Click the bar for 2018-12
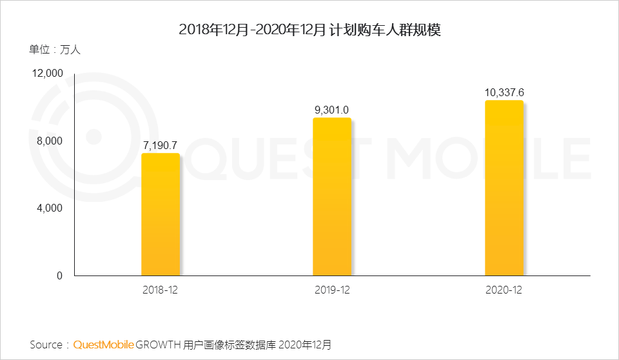pyautogui.click(x=161, y=214)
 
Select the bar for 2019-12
pyautogui.click(x=332, y=197)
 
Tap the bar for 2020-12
pyautogui.click(x=504, y=188)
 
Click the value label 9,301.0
pyautogui.click(x=332, y=110)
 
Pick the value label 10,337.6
pyautogui.click(x=504, y=93)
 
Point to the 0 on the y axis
pyautogui.click(x=59, y=275)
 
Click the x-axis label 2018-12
pyautogui.click(x=161, y=290)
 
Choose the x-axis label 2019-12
pyautogui.click(x=332, y=290)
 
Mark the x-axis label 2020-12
pyautogui.click(x=504, y=290)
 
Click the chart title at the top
pyautogui.click(x=309, y=30)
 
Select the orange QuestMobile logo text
pyautogui.click(x=103, y=345)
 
